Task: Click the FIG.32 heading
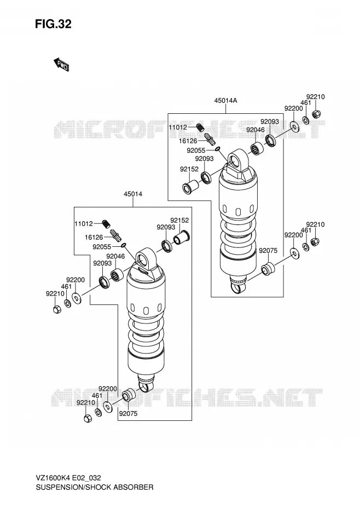point(53,24)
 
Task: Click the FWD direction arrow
point(61,64)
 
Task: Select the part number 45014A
point(225,101)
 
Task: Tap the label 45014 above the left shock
point(133,194)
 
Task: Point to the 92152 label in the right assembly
point(189,169)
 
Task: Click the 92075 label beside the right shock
point(268,251)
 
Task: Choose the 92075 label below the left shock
point(128,414)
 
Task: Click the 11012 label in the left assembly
point(84,224)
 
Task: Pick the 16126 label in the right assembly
point(188,141)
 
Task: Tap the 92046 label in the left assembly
point(115,256)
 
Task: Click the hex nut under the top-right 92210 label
point(315,114)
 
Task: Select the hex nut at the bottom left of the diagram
point(88,419)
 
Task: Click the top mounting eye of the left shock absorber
point(143,259)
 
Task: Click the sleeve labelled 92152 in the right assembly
point(190,187)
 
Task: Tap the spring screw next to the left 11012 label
point(106,224)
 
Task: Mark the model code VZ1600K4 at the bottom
point(53,478)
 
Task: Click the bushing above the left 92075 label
point(128,395)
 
